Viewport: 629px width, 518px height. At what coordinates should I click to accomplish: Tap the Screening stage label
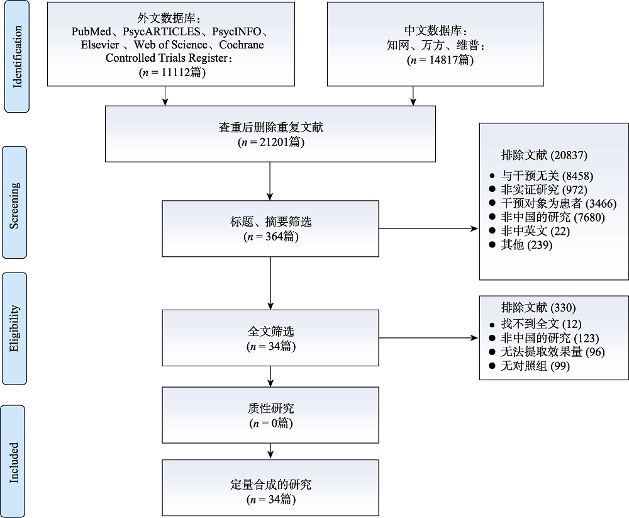point(15,202)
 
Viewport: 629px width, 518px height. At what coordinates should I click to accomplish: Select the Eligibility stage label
point(15,328)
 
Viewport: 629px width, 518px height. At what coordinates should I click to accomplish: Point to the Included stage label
point(14,462)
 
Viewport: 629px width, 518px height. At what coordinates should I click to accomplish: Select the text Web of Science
point(170,45)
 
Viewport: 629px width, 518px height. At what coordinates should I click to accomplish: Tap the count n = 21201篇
point(270,142)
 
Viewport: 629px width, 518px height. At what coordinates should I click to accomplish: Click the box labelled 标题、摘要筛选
point(270,228)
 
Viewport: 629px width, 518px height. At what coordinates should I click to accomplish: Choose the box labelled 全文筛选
point(270,338)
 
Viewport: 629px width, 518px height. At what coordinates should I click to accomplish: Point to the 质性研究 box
point(270,415)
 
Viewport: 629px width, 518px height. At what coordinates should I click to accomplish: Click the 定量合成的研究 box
point(270,492)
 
